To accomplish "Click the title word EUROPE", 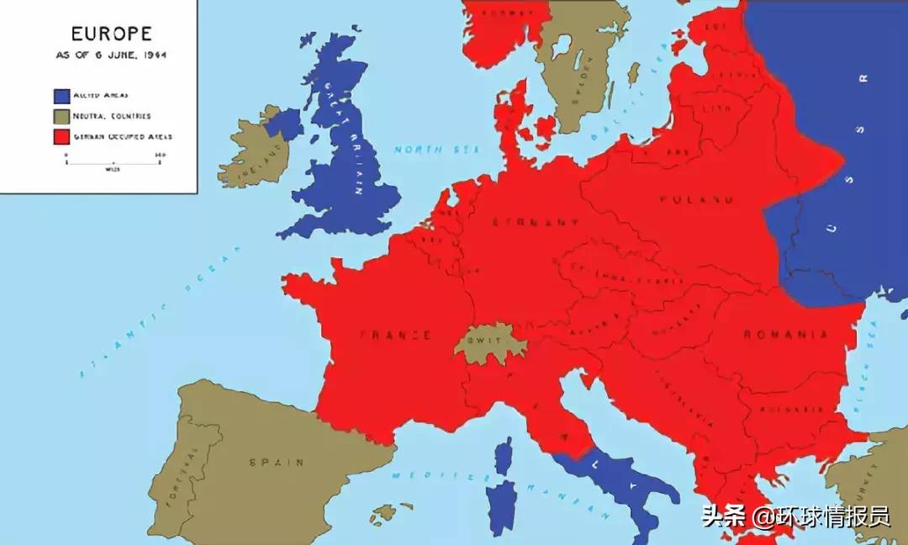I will pyautogui.click(x=111, y=34).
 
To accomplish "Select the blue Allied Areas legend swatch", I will pyautogui.click(x=61, y=95).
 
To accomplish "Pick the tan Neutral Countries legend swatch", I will pyautogui.click(x=61, y=115).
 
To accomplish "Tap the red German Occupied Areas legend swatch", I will pyautogui.click(x=61, y=135).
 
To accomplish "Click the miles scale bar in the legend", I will pyautogui.click(x=113, y=161).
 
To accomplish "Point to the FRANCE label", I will pyautogui.click(x=395, y=335).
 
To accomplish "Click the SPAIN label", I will pyautogui.click(x=277, y=462).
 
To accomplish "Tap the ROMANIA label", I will pyautogui.click(x=786, y=335).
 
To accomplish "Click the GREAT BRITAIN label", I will pyautogui.click(x=347, y=139).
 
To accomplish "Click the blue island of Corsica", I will pyautogui.click(x=504, y=455).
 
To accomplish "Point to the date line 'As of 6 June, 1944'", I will pyautogui.click(x=111, y=55).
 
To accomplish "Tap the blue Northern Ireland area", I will pyautogui.click(x=284, y=124).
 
